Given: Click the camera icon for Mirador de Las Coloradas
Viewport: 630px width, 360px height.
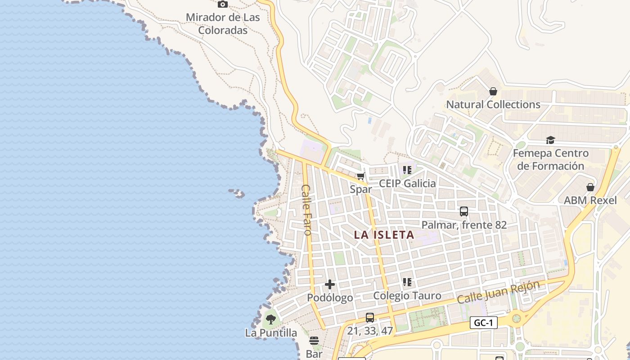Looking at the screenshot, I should [222, 4].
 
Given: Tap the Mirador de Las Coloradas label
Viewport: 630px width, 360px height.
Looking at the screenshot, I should [223, 24].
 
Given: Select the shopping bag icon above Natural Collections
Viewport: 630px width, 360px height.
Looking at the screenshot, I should [493, 91].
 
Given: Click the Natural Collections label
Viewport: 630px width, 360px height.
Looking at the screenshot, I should [493, 104].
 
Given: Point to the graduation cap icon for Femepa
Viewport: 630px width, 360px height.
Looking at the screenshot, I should [550, 140].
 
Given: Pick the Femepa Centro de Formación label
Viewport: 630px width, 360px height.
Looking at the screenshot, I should [551, 160].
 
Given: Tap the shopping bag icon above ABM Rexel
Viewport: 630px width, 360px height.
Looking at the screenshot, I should [590, 187].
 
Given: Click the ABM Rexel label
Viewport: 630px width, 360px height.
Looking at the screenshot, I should [590, 200].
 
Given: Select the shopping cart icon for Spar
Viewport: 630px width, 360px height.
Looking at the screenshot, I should [360, 176].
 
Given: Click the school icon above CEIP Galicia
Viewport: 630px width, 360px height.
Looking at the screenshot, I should [407, 170].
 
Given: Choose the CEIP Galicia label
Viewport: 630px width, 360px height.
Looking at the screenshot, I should [407, 183].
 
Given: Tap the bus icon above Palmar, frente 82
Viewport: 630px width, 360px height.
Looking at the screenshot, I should [464, 211].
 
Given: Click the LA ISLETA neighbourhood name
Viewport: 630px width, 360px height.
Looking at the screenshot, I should [384, 235].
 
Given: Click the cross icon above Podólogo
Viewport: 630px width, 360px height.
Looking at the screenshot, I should [330, 284].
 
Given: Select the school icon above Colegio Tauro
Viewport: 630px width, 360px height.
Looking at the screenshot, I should [407, 282].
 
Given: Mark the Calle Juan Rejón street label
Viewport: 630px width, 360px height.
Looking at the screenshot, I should [498, 293].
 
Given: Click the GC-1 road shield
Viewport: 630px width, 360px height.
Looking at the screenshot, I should [484, 323].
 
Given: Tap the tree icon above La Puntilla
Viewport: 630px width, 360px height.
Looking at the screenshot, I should [271, 319].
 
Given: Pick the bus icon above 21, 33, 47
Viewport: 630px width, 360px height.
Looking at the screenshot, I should [370, 318].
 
